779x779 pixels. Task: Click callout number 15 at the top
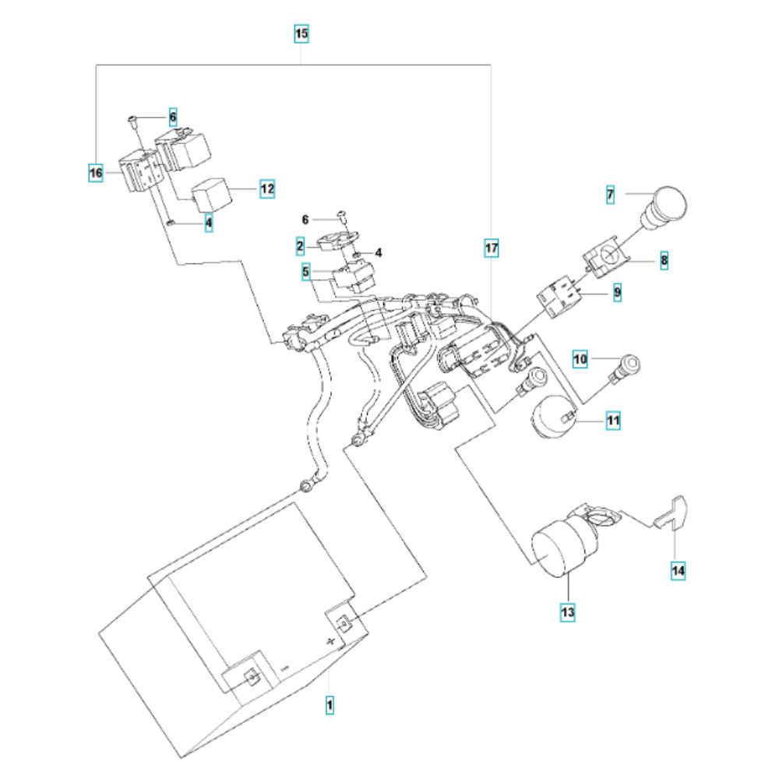(x=301, y=33)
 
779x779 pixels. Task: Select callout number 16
(x=96, y=174)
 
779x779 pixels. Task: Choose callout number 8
(x=664, y=260)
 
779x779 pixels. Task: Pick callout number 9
(x=617, y=294)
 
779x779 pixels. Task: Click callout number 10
(x=580, y=358)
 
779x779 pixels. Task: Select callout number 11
(x=613, y=421)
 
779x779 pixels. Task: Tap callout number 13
(x=567, y=613)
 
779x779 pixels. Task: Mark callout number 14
(x=679, y=571)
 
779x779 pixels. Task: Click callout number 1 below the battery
(x=330, y=706)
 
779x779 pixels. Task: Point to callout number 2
(x=300, y=247)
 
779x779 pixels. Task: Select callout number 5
(x=307, y=272)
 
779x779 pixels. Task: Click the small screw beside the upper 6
(x=133, y=118)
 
